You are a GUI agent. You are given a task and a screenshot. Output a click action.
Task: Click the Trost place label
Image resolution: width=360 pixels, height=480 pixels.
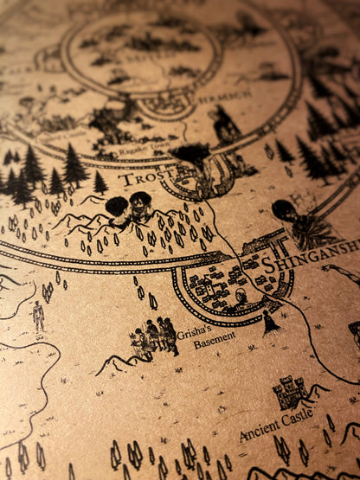(x=140, y=180)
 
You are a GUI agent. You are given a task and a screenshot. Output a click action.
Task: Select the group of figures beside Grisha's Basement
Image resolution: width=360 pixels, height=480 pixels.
(x=157, y=336)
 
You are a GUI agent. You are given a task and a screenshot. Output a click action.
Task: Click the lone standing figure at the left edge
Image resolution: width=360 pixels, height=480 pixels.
(x=38, y=316)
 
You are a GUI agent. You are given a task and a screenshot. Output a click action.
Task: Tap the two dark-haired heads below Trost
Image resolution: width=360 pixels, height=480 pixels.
(x=129, y=207)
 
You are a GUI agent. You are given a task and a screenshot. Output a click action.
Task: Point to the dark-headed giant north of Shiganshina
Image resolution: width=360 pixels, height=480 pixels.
(x=286, y=211)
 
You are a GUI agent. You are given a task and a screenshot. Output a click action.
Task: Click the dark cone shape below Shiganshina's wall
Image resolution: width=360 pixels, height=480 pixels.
(x=270, y=323)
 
